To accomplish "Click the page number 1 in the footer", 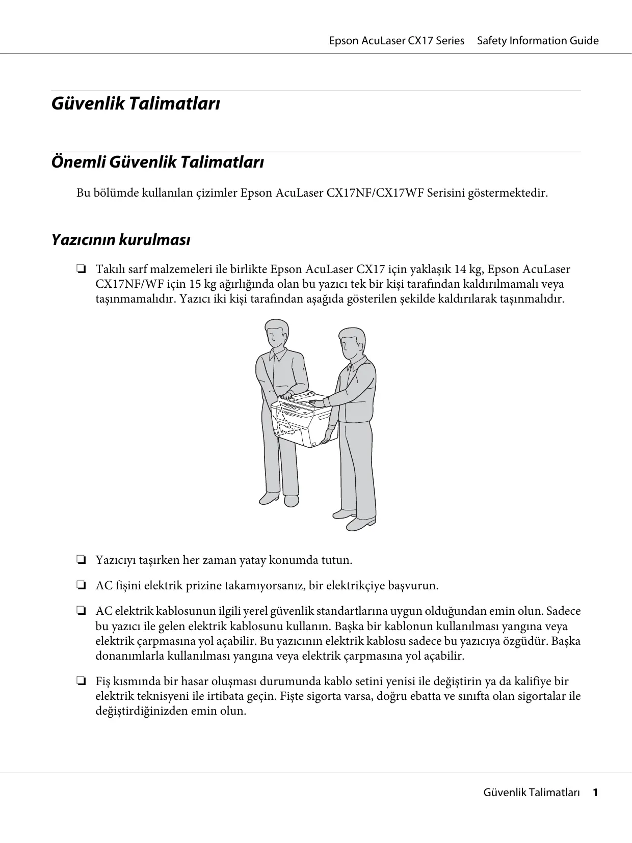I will pyautogui.click(x=594, y=807).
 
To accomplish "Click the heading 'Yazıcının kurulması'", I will pyautogui.click(x=121, y=239).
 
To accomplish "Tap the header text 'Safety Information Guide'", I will pyautogui.click(x=538, y=41).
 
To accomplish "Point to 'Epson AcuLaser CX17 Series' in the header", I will pyautogui.click(x=397, y=41).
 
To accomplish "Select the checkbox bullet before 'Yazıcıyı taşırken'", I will pyautogui.click(x=81, y=560).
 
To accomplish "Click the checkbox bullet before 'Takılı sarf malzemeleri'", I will pyautogui.click(x=81, y=269).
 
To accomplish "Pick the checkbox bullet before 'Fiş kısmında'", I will pyautogui.click(x=81, y=682).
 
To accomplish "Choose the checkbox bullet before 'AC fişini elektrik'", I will pyautogui.click(x=81, y=586).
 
